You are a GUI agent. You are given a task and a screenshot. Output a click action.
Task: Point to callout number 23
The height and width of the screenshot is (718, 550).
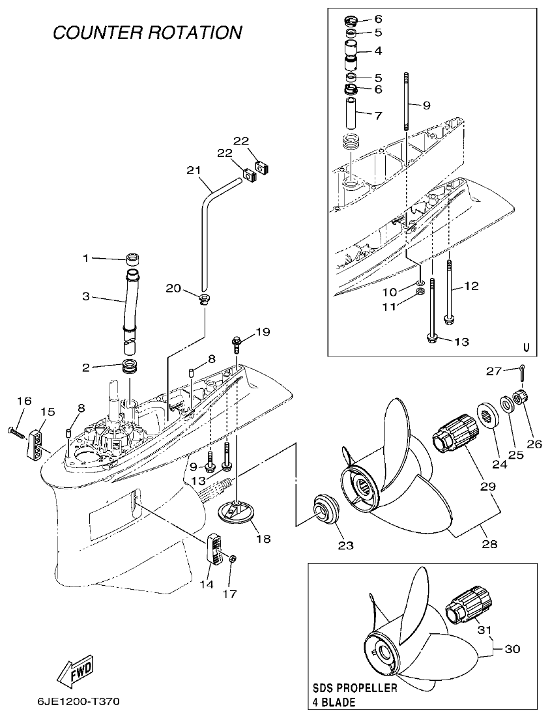click(x=345, y=545)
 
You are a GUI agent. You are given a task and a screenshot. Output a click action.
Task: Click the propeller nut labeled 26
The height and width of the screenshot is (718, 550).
click(x=521, y=396)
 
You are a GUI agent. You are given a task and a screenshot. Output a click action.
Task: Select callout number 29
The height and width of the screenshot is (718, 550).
click(x=488, y=485)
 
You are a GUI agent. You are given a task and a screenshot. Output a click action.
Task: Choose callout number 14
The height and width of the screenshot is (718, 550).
click(x=206, y=584)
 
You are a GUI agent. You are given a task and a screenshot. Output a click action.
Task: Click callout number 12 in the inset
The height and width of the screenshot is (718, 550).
click(x=471, y=285)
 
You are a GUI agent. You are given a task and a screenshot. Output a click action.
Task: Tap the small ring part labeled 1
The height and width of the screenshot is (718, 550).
click(x=133, y=259)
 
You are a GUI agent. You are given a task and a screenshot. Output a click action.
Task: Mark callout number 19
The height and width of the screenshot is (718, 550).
click(x=262, y=332)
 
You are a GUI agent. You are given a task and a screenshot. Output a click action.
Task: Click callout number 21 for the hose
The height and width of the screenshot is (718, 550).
click(x=192, y=171)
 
